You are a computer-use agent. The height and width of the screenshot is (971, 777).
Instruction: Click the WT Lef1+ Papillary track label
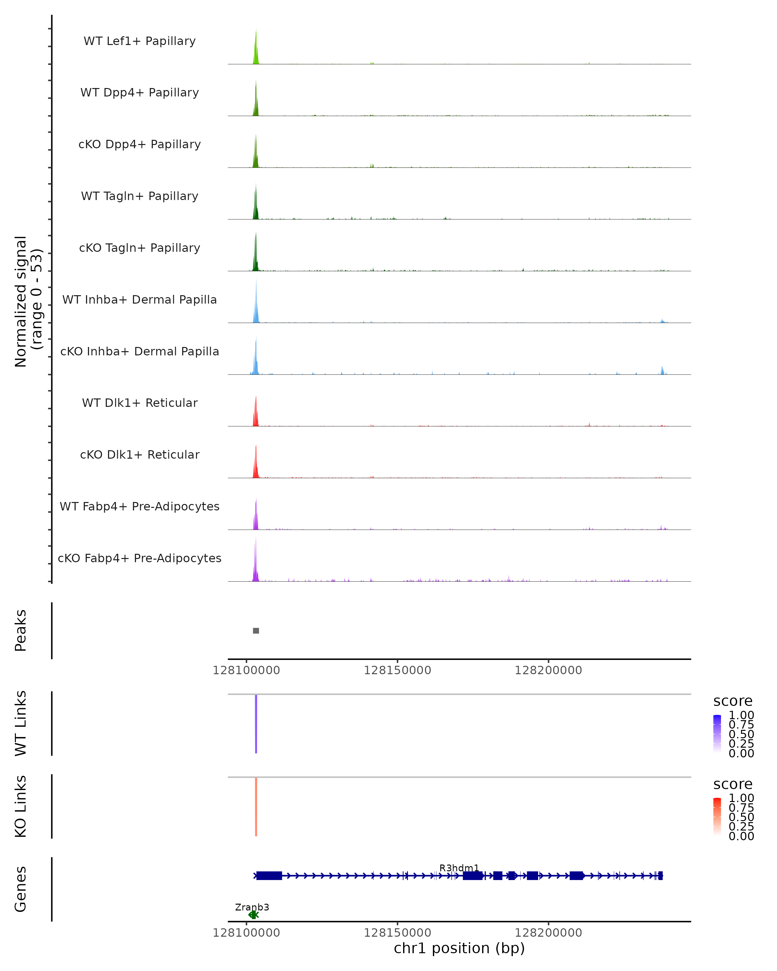click(140, 41)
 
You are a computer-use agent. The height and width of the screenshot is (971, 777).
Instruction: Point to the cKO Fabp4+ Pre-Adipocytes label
click(140, 558)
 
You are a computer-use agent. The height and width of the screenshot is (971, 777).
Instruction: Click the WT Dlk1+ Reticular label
click(140, 403)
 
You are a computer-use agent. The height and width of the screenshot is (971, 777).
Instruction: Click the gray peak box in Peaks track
click(256, 631)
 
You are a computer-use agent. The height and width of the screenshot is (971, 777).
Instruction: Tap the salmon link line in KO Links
click(256, 807)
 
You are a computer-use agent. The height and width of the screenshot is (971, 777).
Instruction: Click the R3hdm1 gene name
click(459, 868)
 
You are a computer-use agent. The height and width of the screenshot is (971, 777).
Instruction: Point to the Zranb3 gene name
click(252, 907)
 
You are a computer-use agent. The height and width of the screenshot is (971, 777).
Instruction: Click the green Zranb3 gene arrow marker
click(253, 915)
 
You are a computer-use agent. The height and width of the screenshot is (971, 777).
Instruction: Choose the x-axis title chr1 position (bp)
click(459, 948)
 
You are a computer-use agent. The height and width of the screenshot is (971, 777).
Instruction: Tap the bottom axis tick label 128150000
click(397, 932)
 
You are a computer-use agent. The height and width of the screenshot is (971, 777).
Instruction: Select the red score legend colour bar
click(717, 817)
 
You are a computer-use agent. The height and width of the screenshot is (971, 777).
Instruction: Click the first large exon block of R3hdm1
click(269, 876)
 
